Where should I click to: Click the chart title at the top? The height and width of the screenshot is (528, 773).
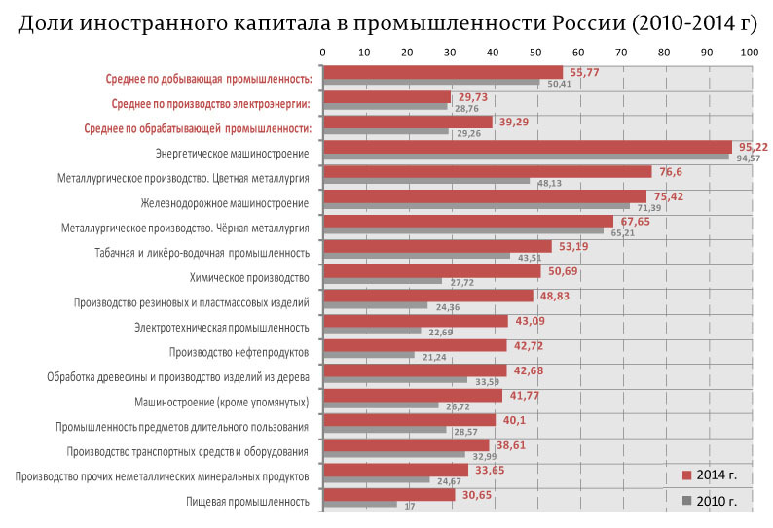[x=386, y=22]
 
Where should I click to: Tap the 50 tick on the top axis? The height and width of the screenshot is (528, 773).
[x=535, y=52]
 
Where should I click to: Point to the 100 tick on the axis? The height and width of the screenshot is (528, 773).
[x=747, y=52]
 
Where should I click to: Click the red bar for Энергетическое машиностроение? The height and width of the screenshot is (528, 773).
[x=526, y=147]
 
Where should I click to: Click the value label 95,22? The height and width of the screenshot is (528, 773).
[x=754, y=147]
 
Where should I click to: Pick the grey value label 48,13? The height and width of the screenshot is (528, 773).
[x=550, y=182]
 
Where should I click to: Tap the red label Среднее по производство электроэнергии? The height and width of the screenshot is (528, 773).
[x=210, y=103]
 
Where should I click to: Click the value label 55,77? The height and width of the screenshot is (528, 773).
[x=584, y=72]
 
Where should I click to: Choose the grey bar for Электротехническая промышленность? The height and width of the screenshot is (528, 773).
[x=371, y=330]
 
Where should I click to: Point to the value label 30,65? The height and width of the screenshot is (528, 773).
[x=476, y=495]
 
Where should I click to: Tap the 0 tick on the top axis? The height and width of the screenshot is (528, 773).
[x=323, y=52]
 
